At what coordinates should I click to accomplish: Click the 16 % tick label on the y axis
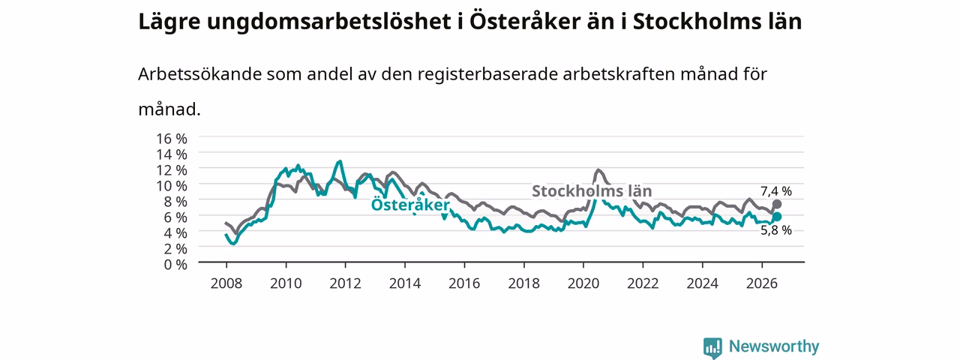172,139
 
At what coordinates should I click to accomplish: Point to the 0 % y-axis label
175,265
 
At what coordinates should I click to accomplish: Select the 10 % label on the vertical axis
172,185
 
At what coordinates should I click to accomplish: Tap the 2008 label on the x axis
226,283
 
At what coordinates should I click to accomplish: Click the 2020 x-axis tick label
583,283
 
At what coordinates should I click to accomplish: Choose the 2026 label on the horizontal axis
762,283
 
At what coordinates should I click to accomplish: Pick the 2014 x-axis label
404,283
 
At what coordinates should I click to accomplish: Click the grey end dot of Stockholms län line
776,204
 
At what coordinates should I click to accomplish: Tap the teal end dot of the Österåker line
776,217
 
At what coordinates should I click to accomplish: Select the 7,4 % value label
776,191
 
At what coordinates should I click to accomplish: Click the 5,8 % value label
776,230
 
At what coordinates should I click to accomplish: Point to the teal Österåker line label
410,205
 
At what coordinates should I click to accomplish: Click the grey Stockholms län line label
592,190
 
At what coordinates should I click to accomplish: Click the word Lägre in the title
169,22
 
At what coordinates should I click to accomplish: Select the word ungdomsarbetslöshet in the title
329,22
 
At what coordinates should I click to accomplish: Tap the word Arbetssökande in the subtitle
199,74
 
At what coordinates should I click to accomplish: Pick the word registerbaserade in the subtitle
487,74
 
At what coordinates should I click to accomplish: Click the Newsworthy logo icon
712,347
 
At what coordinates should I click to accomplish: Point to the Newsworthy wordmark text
774,346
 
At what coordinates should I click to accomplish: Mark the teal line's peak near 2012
340,161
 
